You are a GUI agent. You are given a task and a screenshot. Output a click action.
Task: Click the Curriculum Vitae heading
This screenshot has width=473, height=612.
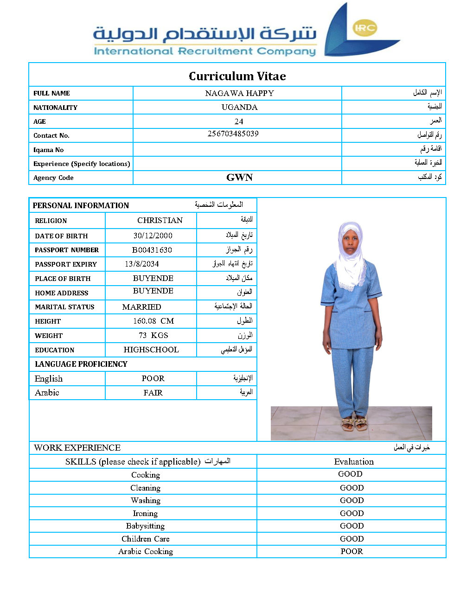click(237, 76)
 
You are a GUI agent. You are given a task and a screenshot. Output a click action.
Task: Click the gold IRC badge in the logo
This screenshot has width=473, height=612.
click(364, 28)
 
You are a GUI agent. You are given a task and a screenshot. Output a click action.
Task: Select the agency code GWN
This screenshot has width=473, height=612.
click(239, 178)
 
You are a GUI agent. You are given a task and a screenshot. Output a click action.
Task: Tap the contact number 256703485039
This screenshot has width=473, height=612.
click(233, 134)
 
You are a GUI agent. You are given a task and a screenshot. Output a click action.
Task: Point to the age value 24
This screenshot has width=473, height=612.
click(239, 121)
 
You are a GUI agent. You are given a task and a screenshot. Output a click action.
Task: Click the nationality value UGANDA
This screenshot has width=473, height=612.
click(239, 107)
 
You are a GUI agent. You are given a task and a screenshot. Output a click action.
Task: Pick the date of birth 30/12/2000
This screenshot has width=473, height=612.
click(153, 236)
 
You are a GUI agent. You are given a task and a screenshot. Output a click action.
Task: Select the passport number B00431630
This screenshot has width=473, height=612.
click(152, 250)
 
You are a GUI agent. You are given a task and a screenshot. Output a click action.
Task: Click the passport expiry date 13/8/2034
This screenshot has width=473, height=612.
click(141, 264)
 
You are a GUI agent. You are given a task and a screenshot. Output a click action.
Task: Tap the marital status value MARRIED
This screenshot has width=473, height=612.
click(141, 307)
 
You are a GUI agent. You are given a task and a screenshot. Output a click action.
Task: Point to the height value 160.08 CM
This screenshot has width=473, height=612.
click(153, 321)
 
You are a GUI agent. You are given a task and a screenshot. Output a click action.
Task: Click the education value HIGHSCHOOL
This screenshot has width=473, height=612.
click(151, 350)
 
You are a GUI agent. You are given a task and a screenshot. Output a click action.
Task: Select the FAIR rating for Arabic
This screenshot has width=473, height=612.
click(153, 393)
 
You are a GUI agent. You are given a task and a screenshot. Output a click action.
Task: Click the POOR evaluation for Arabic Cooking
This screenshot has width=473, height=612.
click(352, 551)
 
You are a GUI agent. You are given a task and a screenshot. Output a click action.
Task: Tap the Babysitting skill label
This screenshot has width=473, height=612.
click(145, 526)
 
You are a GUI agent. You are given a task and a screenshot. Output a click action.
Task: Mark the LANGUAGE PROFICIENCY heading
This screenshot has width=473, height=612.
click(81, 364)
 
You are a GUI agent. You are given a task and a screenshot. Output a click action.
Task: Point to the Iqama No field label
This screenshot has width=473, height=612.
click(48, 150)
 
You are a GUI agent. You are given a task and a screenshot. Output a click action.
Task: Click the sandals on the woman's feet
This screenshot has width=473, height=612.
click(354, 423)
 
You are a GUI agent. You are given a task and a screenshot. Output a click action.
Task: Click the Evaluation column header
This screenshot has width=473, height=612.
click(354, 461)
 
